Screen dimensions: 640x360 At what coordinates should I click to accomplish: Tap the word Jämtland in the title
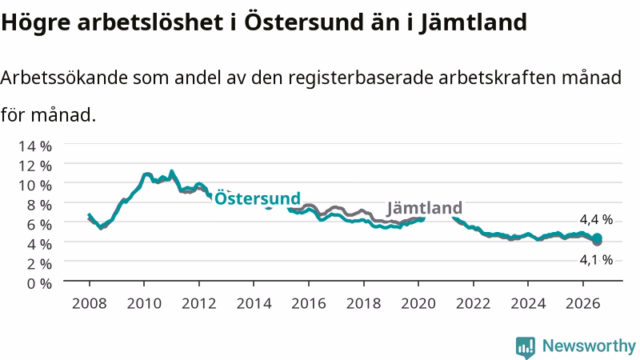click(473, 22)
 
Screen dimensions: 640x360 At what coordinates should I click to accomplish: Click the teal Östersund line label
click(258, 198)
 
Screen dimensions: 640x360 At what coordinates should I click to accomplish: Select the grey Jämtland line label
click(425, 207)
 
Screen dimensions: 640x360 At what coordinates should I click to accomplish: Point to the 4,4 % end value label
click(596, 219)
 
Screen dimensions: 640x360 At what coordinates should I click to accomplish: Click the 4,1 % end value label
click(596, 259)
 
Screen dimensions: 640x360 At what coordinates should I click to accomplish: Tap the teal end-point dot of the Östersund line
click(597, 238)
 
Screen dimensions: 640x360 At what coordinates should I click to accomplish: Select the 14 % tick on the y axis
click(35, 146)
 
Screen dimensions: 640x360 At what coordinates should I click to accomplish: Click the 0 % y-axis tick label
click(39, 283)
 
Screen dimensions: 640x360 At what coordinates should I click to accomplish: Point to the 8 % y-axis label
click(39, 205)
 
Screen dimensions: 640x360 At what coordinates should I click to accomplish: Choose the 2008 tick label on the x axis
click(90, 303)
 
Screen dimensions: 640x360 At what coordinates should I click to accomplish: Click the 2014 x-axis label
click(254, 303)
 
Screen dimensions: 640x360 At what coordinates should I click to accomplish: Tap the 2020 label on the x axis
click(418, 303)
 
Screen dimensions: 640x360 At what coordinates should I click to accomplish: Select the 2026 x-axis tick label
click(583, 303)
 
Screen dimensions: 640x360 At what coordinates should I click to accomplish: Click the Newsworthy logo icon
click(526, 347)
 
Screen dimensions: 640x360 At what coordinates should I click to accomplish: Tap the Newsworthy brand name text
click(589, 346)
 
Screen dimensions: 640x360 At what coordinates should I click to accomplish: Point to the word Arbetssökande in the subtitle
click(64, 77)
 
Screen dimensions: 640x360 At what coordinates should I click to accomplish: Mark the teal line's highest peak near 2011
click(171, 172)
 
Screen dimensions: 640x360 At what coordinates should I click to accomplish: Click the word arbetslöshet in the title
click(150, 22)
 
